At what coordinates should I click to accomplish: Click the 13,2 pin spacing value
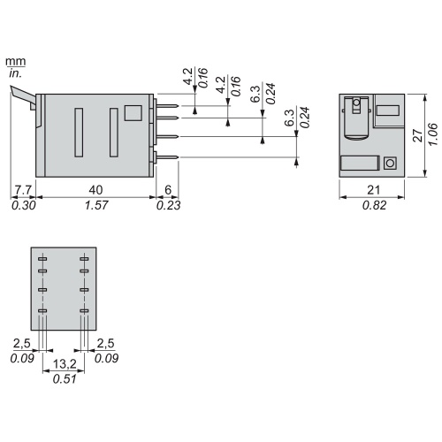pos(63,365)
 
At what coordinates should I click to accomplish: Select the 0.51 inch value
pos(63,379)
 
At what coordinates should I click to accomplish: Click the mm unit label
pos(15,61)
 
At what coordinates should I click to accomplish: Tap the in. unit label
pos(15,73)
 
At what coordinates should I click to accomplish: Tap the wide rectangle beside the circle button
pos(359,163)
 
